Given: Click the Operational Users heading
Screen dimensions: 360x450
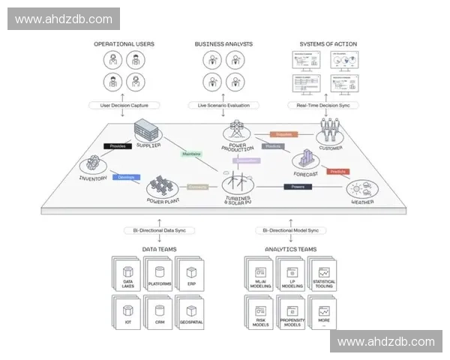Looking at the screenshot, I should [x=124, y=44].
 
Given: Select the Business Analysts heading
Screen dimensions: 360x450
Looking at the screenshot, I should [x=223, y=44].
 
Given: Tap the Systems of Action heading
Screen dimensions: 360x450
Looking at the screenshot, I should [x=328, y=44].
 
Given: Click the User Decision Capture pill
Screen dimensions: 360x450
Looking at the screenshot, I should [x=123, y=105].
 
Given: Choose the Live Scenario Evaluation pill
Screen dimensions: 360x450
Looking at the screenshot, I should [x=223, y=105].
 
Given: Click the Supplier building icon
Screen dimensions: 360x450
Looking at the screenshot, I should [x=147, y=133].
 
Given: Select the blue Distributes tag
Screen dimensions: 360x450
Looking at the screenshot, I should [x=126, y=177].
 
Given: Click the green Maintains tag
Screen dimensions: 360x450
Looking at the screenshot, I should [x=191, y=154].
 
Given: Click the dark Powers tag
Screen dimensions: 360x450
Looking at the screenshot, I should [x=297, y=186].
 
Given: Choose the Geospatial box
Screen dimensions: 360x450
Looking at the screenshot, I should [x=191, y=313].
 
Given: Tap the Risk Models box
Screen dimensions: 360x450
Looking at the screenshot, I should [x=259, y=313].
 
